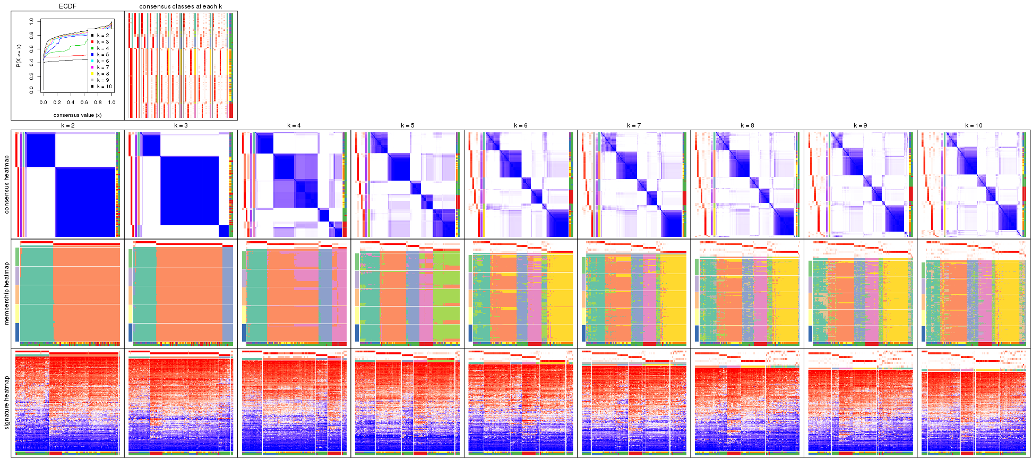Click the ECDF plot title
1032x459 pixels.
(x=67, y=6)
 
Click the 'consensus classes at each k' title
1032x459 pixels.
(x=180, y=6)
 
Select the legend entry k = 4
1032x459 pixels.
(x=102, y=48)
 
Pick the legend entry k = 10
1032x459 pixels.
(x=104, y=87)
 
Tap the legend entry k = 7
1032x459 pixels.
(x=102, y=67)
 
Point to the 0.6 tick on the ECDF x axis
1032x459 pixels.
(x=84, y=103)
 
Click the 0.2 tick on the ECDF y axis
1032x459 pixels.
(x=32, y=76)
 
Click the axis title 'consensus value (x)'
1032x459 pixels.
(x=78, y=115)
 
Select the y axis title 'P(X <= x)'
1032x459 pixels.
(x=19, y=56)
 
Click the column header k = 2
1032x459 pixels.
(x=67, y=126)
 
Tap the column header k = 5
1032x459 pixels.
(x=407, y=126)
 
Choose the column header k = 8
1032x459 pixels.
(x=747, y=126)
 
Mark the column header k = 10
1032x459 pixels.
(x=974, y=126)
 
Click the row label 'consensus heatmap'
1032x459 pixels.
(x=7, y=184)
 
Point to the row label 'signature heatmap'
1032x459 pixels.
(x=7, y=403)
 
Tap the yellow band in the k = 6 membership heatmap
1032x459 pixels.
(x=560, y=297)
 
